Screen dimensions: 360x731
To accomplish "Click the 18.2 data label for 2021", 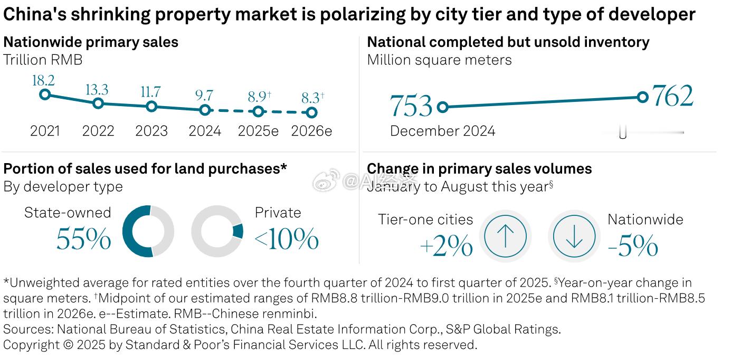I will click(43, 81).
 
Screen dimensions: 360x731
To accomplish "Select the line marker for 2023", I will click(151, 107).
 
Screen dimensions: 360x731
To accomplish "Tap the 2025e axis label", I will click(258, 131).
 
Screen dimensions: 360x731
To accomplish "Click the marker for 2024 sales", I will click(205, 110).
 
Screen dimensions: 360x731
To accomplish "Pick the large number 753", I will click(411, 106).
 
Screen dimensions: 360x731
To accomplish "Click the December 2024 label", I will click(442, 131).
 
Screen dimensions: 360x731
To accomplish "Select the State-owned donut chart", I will click(148, 231).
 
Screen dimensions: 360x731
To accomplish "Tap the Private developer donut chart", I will click(217, 231).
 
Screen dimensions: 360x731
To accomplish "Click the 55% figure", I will click(83, 239).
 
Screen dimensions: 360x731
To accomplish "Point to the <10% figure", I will click(287, 239).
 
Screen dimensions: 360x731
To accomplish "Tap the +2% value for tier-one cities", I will click(446, 247).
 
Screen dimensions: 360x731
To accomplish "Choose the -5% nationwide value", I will click(633, 247).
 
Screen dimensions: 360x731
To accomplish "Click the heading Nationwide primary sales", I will click(91, 42).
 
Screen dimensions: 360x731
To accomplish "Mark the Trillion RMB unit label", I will click(43, 60).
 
